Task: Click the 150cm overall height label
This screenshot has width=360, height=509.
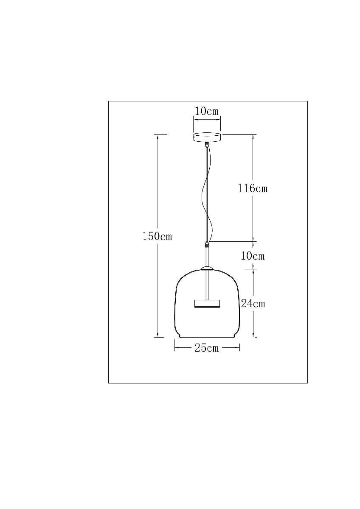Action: [x=157, y=236]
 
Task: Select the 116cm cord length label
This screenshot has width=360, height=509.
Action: [x=253, y=188]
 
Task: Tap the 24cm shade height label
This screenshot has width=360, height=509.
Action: [x=253, y=303]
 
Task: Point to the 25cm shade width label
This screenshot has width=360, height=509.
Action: [x=207, y=348]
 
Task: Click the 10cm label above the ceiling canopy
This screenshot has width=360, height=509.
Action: [x=207, y=111]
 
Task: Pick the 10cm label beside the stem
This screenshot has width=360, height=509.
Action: [x=253, y=256]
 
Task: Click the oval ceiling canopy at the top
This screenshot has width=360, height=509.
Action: [x=207, y=137]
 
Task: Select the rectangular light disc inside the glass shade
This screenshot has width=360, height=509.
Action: [x=207, y=303]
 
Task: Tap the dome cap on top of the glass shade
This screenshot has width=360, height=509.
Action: [x=207, y=268]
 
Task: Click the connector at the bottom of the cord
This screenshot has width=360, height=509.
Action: [x=207, y=244]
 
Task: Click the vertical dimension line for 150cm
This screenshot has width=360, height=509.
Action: [x=158, y=191]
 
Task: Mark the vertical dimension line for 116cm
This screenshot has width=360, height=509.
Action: [x=253, y=161]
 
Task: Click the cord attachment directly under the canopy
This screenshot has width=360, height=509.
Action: [x=207, y=145]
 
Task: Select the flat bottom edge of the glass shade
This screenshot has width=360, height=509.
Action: [x=207, y=338]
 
